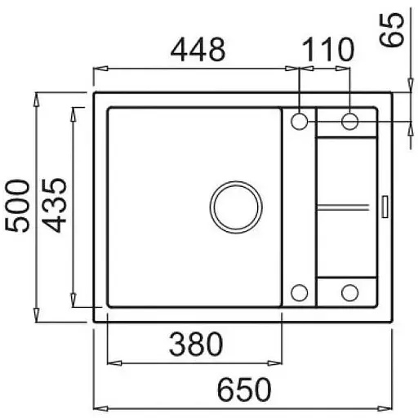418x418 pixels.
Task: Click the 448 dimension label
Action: [x=198, y=50]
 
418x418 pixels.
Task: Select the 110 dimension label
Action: [x=328, y=50]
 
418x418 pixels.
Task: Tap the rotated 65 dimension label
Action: [x=392, y=30]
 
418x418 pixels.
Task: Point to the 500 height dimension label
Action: [x=17, y=206]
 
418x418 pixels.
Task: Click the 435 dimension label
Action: [x=55, y=206]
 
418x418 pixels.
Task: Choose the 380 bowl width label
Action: [x=196, y=344]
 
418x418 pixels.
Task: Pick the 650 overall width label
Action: [x=244, y=389]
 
